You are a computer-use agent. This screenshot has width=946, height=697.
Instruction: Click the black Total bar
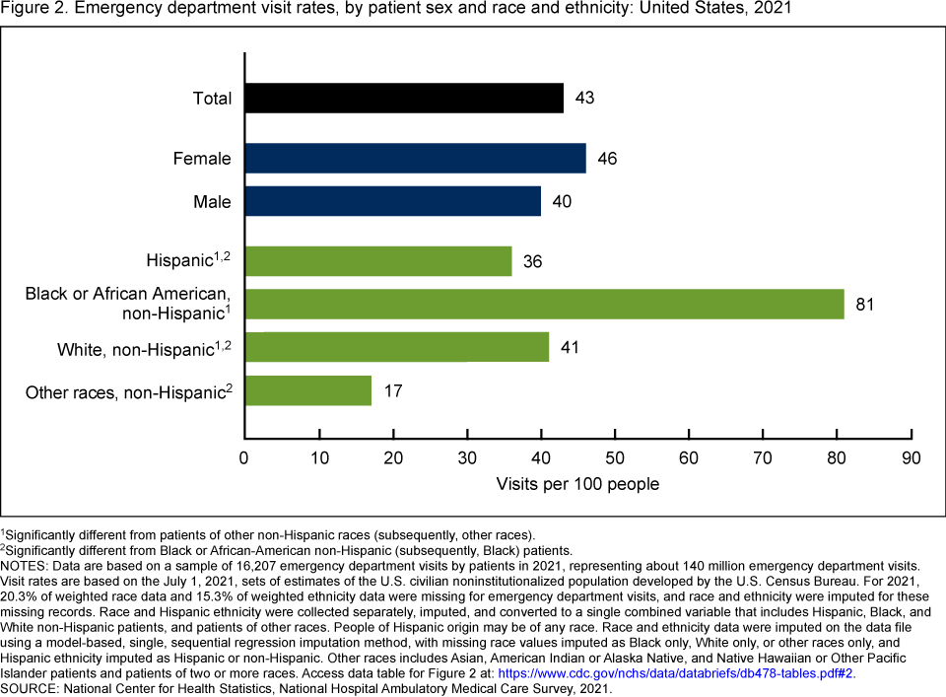coord(404,99)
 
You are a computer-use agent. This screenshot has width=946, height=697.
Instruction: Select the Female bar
coord(415,159)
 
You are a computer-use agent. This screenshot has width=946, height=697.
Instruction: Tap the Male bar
coord(392,201)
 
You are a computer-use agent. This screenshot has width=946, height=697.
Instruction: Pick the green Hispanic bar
coord(377,261)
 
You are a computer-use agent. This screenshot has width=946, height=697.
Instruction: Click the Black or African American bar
coord(544,304)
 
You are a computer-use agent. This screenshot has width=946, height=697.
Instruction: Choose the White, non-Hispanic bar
coord(396,347)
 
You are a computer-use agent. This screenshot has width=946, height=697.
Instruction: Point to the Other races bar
coord(307,390)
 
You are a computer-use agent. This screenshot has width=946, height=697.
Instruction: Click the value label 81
coord(865,304)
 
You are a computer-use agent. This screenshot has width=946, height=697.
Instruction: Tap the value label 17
coord(392,390)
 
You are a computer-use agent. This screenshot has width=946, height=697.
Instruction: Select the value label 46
coord(607,159)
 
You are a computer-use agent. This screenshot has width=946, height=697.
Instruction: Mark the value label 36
coord(533,261)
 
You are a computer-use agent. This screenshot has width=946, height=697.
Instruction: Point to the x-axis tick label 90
coord(912,458)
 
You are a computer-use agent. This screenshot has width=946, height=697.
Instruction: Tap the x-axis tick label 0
coord(244,458)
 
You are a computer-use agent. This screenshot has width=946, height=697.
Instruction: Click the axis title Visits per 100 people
coord(577,484)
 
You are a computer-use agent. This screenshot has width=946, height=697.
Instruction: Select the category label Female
coord(202,159)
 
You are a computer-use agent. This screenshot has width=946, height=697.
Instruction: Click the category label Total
coord(212,99)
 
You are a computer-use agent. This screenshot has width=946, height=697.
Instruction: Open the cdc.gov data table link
coord(676,674)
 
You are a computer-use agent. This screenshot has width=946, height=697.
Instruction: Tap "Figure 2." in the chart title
coord(33,9)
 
